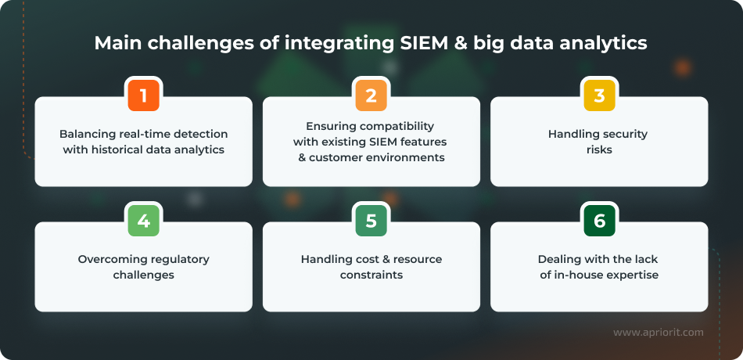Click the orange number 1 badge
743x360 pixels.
pyautogui.click(x=144, y=95)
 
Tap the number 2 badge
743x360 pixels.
pyautogui.click(x=371, y=95)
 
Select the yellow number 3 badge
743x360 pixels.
pyautogui.click(x=599, y=95)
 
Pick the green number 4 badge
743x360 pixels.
pyautogui.click(x=144, y=221)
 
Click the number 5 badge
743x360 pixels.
pyautogui.click(x=371, y=221)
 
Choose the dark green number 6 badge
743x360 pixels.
pyautogui.click(x=599, y=221)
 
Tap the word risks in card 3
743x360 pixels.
pyautogui.click(x=598, y=149)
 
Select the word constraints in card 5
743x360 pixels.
pyautogui.click(x=371, y=275)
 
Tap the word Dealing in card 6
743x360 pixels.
pyautogui.click(x=558, y=259)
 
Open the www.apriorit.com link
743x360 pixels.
pyautogui.click(x=658, y=333)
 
